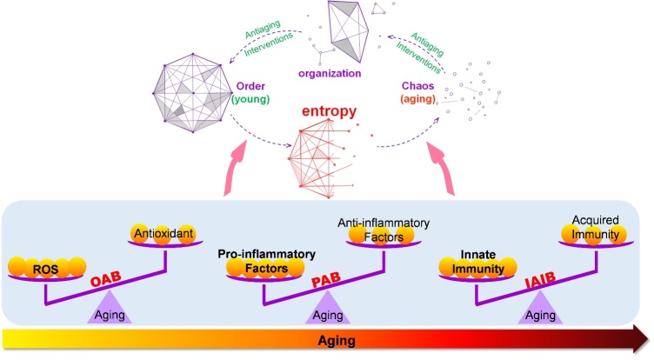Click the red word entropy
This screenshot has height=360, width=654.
point(329,111)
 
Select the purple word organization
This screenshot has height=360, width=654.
point(330,73)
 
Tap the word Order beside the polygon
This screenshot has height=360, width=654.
point(250,86)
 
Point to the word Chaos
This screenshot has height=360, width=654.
point(417,85)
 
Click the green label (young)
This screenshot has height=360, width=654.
point(250,99)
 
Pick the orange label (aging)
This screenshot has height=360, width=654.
point(417,99)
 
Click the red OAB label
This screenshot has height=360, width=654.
point(106,279)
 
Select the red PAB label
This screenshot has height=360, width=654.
point(326,279)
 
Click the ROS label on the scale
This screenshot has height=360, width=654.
point(45,269)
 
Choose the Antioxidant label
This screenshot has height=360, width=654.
point(163,233)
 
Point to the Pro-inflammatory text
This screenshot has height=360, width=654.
point(266,254)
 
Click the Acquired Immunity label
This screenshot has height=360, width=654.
point(595,227)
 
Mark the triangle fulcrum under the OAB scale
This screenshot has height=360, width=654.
point(110,308)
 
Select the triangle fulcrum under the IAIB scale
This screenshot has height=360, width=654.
point(540,308)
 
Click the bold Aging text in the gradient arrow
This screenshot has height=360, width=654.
point(337,340)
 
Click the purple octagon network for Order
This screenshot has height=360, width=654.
point(193,93)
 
